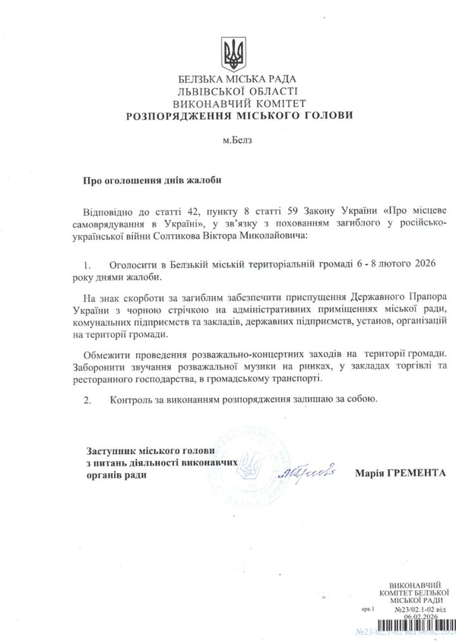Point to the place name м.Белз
[x=228, y=140]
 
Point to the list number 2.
[x=87, y=398]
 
